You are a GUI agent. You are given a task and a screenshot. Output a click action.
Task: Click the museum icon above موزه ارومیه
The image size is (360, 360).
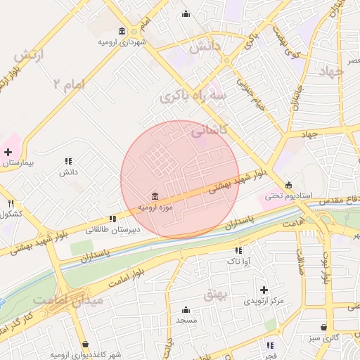pos(155,195)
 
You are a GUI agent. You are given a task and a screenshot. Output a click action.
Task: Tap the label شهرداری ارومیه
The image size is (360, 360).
pos(122,42)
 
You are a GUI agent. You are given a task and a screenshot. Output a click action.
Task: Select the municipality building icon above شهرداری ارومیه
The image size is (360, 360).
pos(122,32)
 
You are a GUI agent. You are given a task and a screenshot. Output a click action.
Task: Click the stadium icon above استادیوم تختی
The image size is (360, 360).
pos(288,185)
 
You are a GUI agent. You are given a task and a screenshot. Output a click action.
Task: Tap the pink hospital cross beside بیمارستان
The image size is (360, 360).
pos(8,152)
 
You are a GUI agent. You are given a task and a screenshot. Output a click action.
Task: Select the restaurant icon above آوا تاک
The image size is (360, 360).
pos(238,250)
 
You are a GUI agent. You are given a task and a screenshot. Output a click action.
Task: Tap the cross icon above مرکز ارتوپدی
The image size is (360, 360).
pos(264,290)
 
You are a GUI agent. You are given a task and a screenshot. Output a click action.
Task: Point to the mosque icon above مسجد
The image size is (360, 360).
pos(186,310)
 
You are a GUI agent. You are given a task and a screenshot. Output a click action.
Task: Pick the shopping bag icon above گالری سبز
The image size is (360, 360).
pos(323,327)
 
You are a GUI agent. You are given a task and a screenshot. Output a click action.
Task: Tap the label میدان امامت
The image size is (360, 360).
pos(78,301)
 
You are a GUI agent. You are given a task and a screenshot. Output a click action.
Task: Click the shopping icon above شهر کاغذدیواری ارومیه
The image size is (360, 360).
pos(85,345)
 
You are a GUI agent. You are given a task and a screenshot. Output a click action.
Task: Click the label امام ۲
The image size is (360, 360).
pos(67,84)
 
